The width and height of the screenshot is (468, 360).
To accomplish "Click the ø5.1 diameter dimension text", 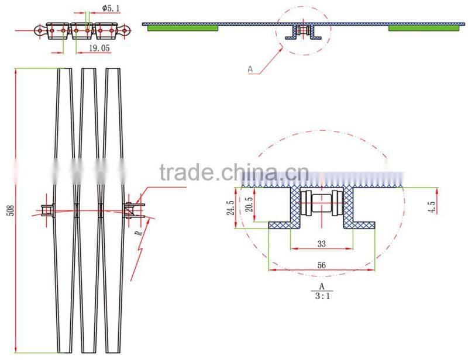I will click(112, 8).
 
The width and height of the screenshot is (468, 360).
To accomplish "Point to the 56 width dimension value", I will click(322, 264).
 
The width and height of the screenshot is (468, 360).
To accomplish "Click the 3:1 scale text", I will click(322, 296).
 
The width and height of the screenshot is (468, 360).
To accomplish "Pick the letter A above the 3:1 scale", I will click(322, 286).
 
